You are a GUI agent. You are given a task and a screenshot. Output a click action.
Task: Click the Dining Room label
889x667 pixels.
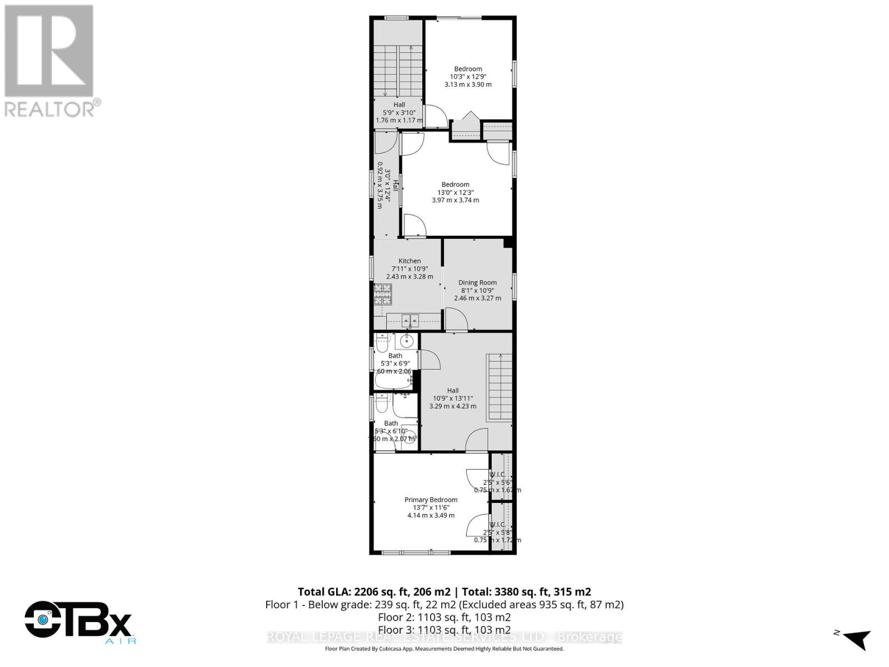pos(477,282)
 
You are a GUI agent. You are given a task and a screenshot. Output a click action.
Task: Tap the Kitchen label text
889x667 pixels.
pos(409,261)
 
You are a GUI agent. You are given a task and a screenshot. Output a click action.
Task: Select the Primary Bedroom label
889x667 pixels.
pos(431,500)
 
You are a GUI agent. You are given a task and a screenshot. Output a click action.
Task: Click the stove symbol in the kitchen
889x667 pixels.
pos(382,294)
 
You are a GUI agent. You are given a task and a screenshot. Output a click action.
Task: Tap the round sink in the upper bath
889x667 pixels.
pos(407,340)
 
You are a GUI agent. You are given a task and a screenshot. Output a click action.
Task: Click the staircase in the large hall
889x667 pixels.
pos(500,387)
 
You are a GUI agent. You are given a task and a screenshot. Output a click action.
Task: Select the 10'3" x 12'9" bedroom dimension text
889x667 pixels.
pos(468,77)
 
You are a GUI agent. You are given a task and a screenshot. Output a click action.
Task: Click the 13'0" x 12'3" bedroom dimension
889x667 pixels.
pos(455,192)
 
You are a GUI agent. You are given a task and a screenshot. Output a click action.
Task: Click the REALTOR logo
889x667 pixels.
pos(50,61)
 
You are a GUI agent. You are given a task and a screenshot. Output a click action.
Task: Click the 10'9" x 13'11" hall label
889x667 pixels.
pos(452,398)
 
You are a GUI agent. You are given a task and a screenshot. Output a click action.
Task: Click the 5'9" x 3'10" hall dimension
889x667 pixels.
pos(399,112)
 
